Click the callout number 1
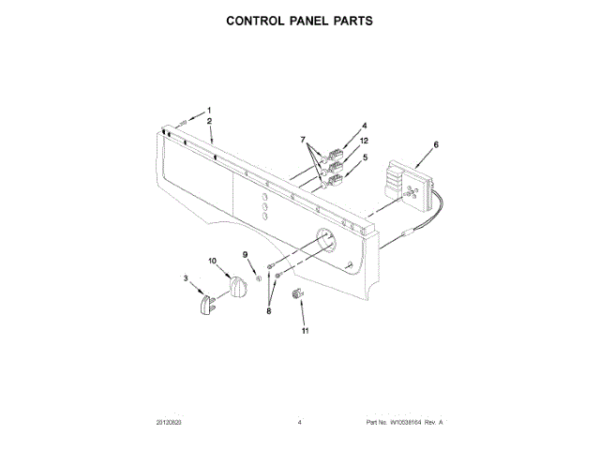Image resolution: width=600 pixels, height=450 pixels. click(x=210, y=111)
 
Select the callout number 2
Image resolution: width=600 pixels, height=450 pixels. click(x=210, y=123)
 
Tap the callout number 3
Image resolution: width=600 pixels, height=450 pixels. click(x=186, y=278)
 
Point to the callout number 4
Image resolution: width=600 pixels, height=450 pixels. click(x=365, y=126)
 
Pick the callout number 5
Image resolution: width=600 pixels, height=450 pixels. click(x=365, y=158)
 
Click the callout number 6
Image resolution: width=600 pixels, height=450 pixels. click(x=435, y=144)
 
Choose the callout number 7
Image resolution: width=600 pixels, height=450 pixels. click(x=304, y=140)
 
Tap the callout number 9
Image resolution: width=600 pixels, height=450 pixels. click(x=247, y=255)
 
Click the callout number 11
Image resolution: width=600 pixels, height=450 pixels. click(x=305, y=331)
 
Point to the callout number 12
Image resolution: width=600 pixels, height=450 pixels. click(x=365, y=141)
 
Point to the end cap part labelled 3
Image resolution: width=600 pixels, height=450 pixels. click(x=210, y=306)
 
